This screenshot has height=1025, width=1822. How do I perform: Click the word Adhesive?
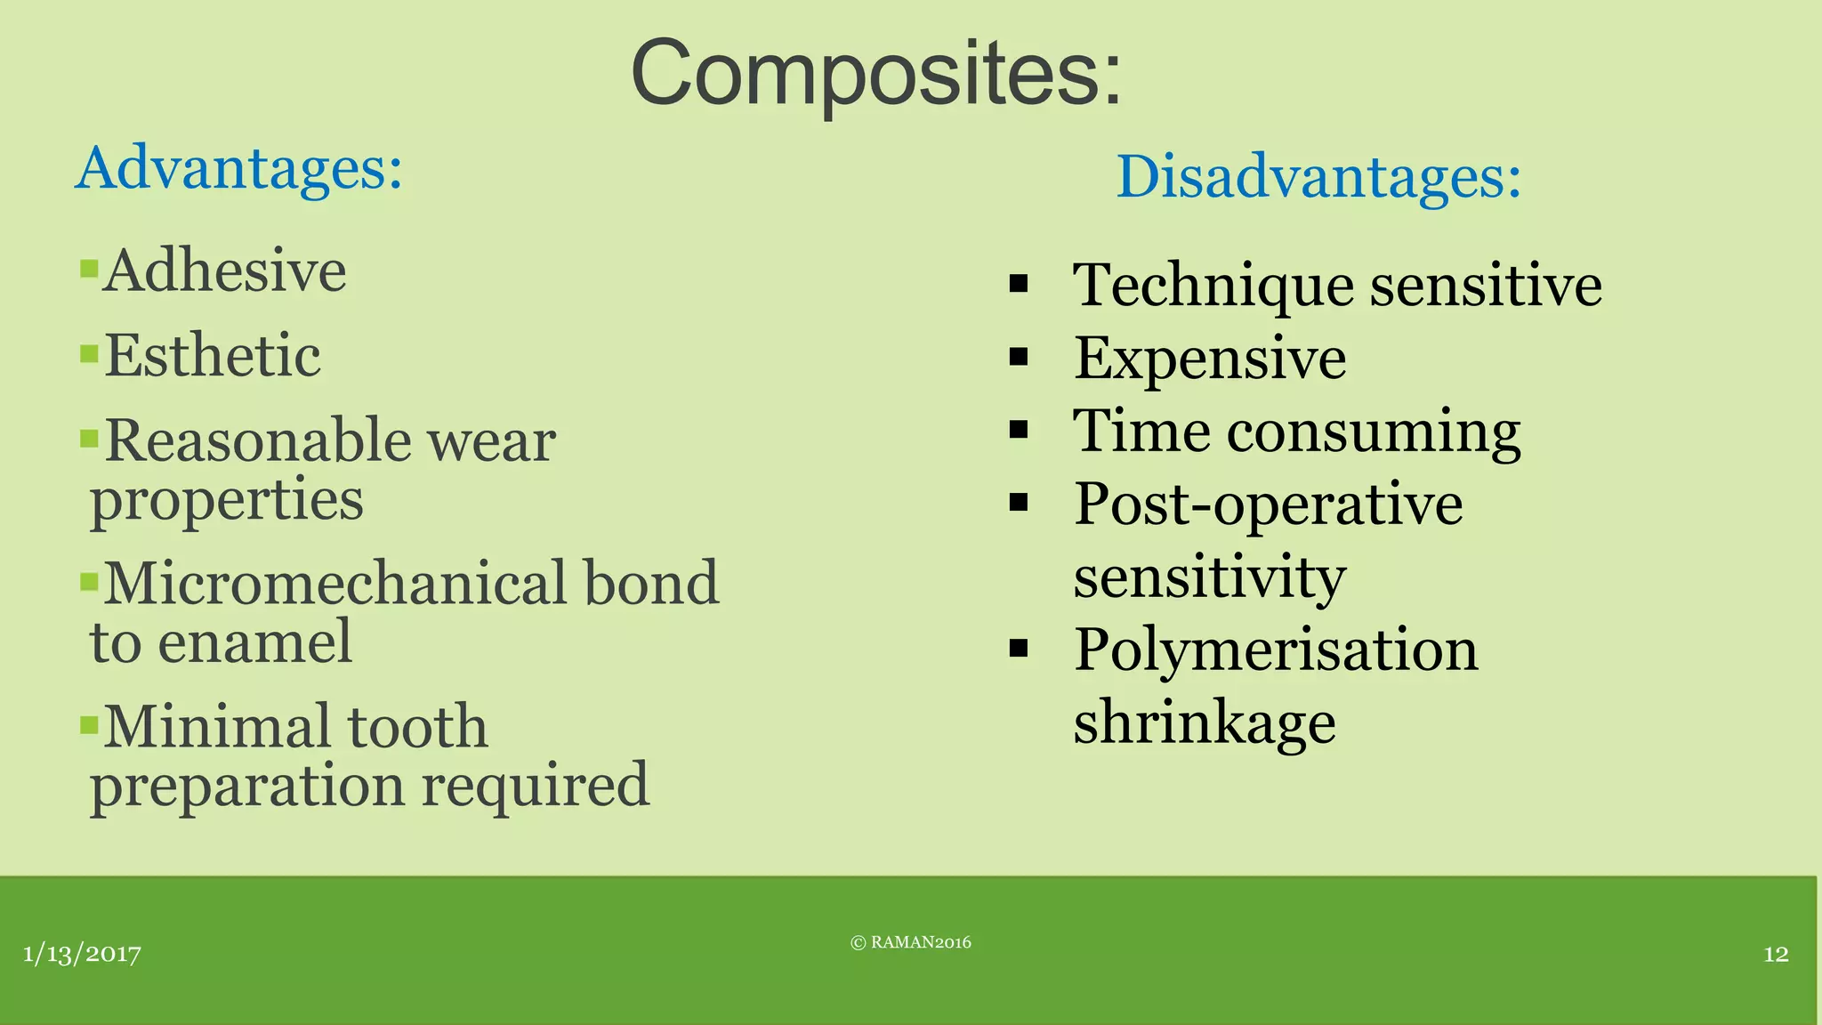(224, 270)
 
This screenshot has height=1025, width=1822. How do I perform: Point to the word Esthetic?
(213, 356)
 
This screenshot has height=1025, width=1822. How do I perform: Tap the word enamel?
(254, 642)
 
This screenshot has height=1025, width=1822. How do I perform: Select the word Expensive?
(1210, 359)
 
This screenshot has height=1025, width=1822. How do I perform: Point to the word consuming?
(1374, 432)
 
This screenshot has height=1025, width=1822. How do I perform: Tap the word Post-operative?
(1268, 504)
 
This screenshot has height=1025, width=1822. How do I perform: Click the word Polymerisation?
(1276, 650)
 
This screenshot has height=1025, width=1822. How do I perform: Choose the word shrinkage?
(1204, 722)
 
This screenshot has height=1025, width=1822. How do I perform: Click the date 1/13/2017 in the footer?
(82, 955)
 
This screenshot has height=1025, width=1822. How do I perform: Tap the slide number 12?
(1776, 955)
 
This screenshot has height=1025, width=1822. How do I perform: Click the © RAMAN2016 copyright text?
(911, 943)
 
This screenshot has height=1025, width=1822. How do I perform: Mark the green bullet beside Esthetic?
(88, 354)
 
